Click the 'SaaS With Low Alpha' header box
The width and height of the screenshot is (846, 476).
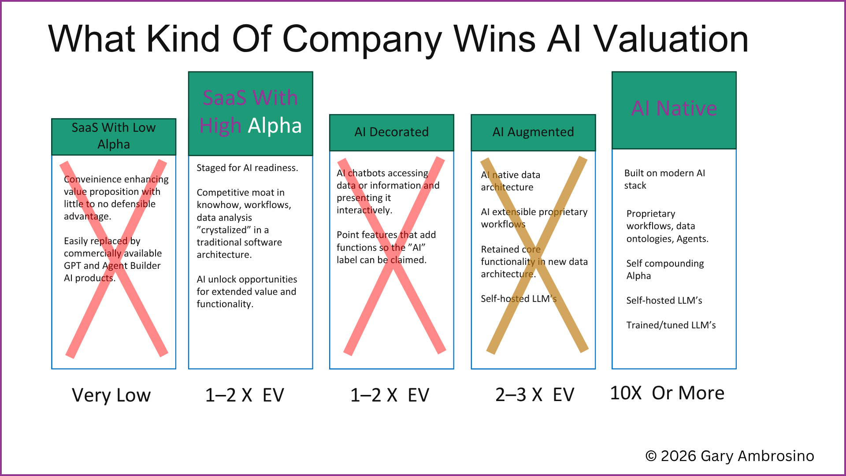(114, 137)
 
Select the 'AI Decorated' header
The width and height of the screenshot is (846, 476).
(392, 132)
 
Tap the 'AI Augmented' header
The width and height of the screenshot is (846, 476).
(533, 132)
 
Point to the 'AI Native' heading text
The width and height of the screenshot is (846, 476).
(674, 108)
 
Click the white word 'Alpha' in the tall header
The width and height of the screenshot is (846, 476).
(275, 126)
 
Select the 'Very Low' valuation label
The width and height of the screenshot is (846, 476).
(111, 395)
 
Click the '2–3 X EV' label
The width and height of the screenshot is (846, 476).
(535, 395)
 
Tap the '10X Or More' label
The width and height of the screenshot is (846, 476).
(667, 393)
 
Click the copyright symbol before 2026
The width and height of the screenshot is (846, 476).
(651, 456)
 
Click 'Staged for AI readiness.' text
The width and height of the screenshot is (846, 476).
(247, 168)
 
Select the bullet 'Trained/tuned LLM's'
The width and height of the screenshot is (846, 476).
(671, 325)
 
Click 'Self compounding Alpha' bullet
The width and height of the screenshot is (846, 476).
(665, 270)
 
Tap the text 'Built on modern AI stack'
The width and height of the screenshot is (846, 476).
(664, 179)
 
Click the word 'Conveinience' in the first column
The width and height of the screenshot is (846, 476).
(92, 179)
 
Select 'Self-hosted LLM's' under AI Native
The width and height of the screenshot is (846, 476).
(664, 301)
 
